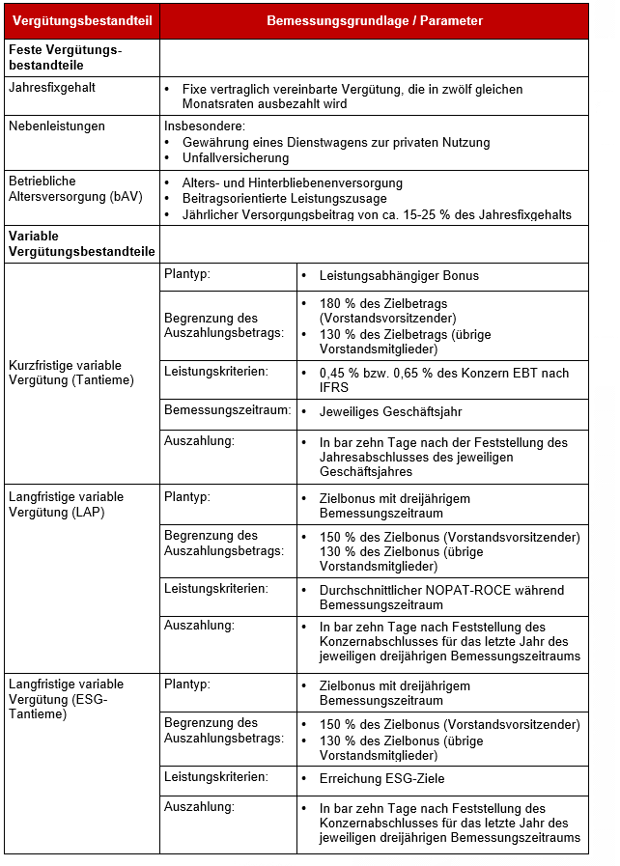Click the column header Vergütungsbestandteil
pyautogui.click(x=81, y=20)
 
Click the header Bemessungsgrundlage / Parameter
pyautogui.click(x=374, y=20)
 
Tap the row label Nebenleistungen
pyautogui.click(x=56, y=126)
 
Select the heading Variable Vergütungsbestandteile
pyautogui.click(x=81, y=244)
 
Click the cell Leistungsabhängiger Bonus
pyautogui.click(x=399, y=275)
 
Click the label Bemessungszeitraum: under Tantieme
pyautogui.click(x=228, y=410)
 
